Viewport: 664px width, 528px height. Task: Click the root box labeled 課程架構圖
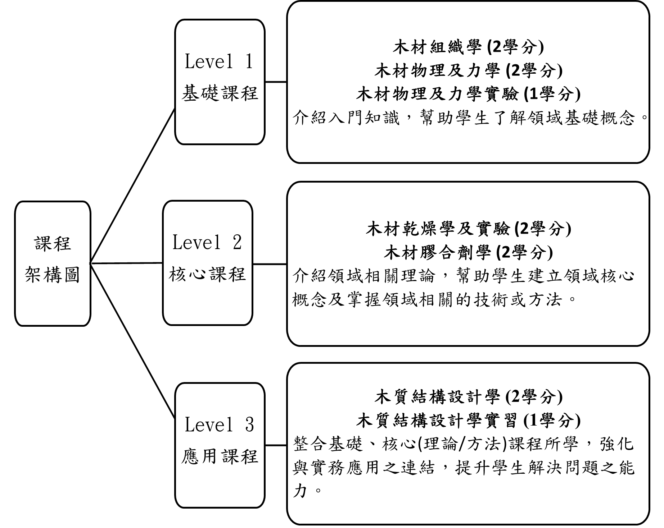(x=53, y=263)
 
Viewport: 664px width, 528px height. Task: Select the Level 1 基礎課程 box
(x=220, y=82)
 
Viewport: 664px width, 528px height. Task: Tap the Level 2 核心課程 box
(x=208, y=263)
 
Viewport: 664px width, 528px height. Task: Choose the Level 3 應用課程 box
(x=220, y=445)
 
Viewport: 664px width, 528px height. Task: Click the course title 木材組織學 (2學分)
(x=468, y=47)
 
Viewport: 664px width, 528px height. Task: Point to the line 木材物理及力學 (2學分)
(x=468, y=70)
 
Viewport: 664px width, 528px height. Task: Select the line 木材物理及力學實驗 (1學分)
(x=468, y=94)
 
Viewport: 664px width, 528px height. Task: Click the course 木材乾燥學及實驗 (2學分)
(x=468, y=229)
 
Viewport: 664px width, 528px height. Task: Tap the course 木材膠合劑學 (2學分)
(x=468, y=252)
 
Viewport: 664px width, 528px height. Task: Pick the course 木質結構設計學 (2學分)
(x=468, y=396)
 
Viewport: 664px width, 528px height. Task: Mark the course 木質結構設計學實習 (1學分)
(x=468, y=420)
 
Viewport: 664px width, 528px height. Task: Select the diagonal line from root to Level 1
(x=133, y=185)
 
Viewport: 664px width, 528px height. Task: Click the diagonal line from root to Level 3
(x=133, y=341)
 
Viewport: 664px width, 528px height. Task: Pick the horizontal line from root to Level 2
(x=127, y=263)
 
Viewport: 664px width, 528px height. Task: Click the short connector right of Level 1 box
(x=276, y=82)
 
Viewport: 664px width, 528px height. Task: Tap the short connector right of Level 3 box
(x=276, y=445)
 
